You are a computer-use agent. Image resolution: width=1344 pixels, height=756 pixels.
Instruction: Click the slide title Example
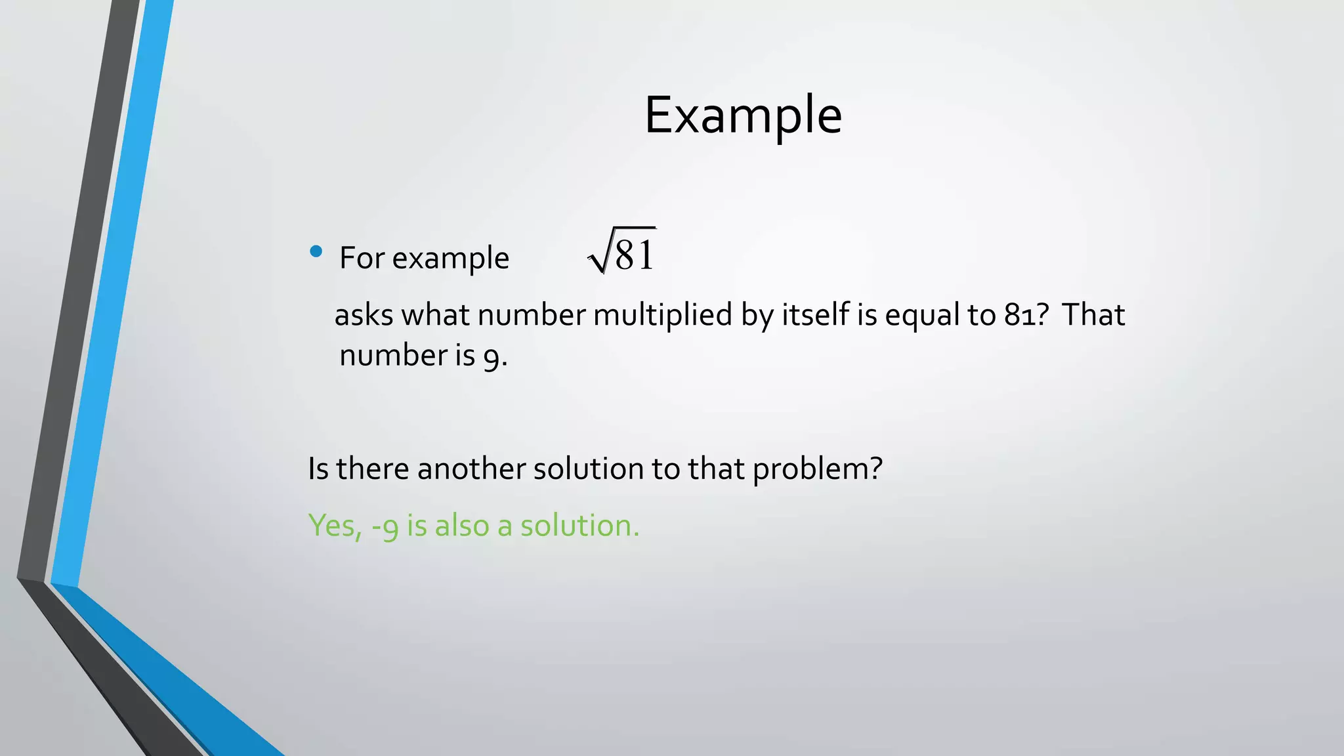[743, 115]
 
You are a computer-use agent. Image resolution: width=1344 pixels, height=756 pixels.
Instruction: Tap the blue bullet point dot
[316, 251]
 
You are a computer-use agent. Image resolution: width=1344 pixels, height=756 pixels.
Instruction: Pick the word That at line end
[1093, 315]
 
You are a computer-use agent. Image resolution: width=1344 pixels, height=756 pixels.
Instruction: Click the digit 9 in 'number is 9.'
[492, 357]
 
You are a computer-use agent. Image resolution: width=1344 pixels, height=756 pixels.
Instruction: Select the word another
[471, 469]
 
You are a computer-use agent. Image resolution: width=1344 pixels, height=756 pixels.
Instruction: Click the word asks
[364, 315]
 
